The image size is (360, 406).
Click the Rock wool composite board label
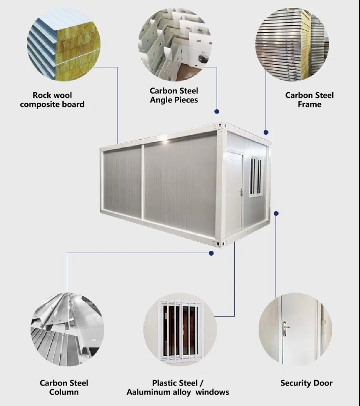pyautogui.click(x=52, y=100)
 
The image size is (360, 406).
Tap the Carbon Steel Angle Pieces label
pyautogui.click(x=174, y=95)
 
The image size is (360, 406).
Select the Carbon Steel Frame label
pyautogui.click(x=309, y=100)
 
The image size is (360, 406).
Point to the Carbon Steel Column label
pyautogui.click(x=64, y=387)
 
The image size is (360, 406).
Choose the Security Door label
pyautogui.click(x=306, y=383)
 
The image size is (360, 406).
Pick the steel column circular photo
pyautogui.click(x=67, y=330)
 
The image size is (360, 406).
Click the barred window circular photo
pyautogui.click(x=180, y=329)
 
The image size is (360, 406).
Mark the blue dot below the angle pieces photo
pyautogui.click(x=217, y=111)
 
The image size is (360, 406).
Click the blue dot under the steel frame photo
pyautogui.click(x=266, y=132)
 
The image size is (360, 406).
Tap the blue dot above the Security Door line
pyautogui.click(x=276, y=213)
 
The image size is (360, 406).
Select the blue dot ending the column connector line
pyautogui.click(x=211, y=253)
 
